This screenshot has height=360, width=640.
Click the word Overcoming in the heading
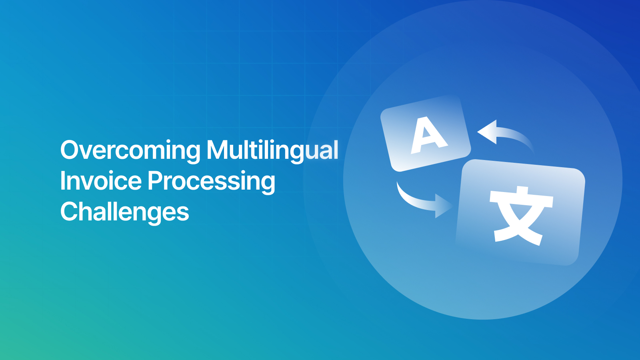tap(130, 150)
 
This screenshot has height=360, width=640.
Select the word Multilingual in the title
tap(272, 150)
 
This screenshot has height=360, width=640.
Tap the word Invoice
tap(100, 181)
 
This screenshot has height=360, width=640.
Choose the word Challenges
tap(124, 212)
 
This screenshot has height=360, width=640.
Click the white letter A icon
tap(428, 135)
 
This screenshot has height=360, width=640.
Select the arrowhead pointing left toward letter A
tap(487, 132)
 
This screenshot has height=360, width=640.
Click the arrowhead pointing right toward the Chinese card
tap(443, 206)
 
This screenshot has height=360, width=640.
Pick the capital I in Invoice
tap(62, 180)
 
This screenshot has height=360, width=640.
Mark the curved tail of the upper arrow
tap(520, 138)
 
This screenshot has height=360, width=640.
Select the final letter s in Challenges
tap(184, 214)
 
